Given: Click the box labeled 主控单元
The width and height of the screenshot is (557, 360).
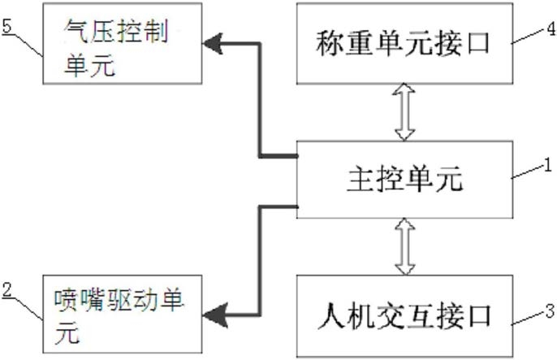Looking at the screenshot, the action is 404,180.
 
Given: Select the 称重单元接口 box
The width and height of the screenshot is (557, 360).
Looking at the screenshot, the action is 404,43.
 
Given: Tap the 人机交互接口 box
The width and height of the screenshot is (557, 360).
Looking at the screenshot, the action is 404,315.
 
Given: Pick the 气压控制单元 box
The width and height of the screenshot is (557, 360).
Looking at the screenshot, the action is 123,43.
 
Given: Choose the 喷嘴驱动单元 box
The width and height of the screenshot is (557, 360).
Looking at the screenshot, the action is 123,314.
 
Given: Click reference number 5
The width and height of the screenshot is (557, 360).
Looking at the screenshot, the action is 7,26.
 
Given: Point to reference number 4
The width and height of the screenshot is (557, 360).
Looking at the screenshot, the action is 551,28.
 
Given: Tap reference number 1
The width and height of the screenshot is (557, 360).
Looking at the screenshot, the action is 549,165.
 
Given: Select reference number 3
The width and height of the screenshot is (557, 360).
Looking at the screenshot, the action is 551,311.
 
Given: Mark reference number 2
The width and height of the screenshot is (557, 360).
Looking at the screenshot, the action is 7,289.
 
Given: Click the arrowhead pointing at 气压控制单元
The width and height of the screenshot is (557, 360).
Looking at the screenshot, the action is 213,44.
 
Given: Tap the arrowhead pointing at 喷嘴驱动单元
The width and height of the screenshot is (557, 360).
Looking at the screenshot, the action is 214,315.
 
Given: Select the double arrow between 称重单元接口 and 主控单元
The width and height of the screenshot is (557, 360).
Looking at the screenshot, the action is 404,112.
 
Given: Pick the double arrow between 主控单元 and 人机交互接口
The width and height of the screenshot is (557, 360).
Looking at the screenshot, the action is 405,246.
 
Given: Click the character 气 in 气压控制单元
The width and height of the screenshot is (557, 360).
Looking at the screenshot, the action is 76,31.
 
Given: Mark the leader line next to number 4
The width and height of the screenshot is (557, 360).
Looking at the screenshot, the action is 529,37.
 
